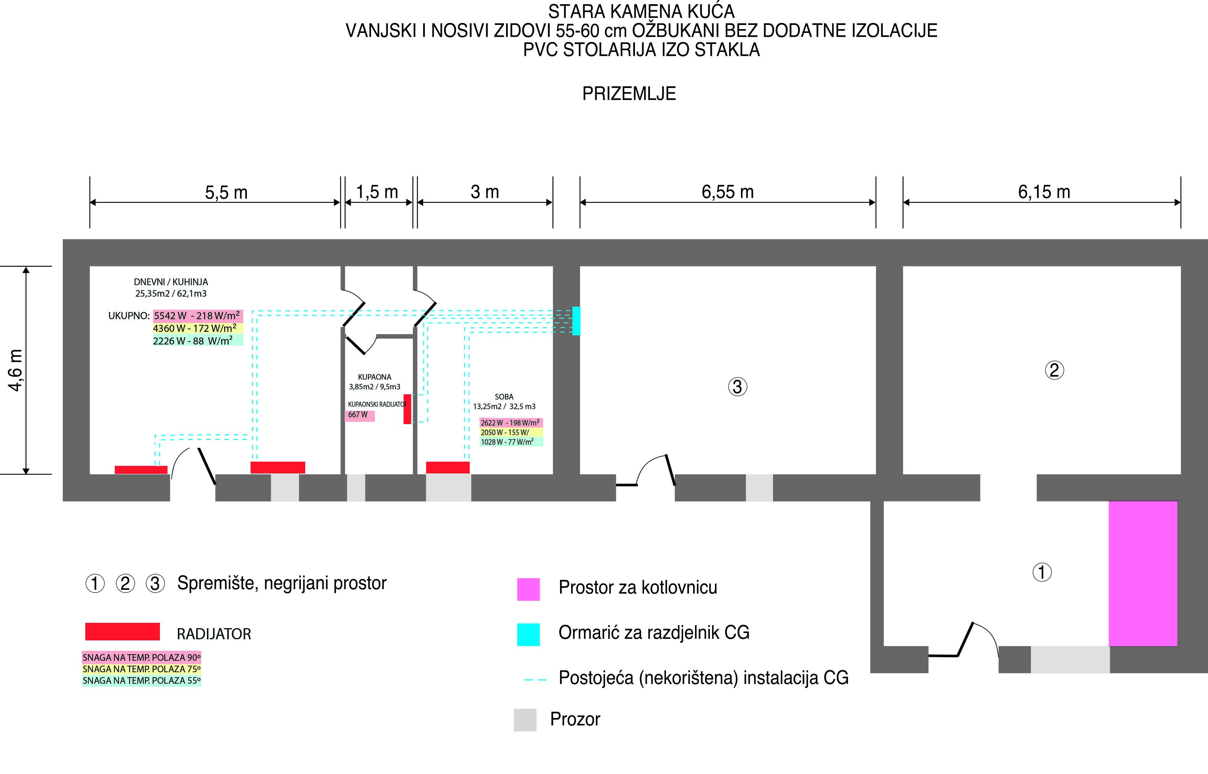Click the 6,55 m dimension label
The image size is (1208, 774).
[x=727, y=192]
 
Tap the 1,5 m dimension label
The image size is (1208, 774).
[x=377, y=192]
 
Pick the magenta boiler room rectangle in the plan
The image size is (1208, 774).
[x=1143, y=573]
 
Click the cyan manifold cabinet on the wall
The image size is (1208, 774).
[x=576, y=321]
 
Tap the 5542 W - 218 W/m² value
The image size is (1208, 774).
[x=197, y=316]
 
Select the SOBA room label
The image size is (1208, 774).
[x=504, y=397]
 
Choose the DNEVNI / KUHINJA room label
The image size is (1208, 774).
[x=171, y=282]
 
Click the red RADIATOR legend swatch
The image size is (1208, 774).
[x=122, y=632]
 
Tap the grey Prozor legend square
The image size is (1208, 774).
[x=525, y=720]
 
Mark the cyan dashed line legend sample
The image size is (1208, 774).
[x=535, y=679]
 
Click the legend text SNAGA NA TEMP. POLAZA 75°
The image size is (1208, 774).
[x=141, y=669]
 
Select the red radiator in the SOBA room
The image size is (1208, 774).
[x=448, y=467]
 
